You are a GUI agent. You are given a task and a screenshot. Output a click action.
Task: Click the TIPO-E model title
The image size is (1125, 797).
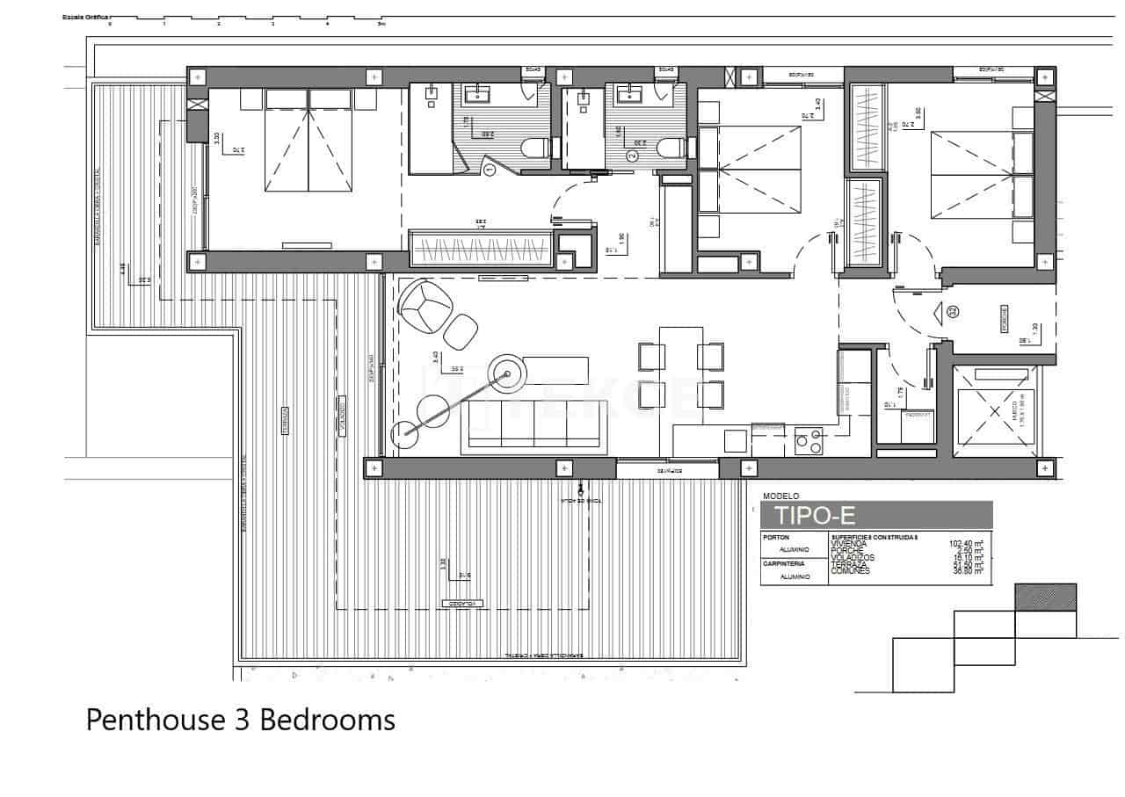[813, 514]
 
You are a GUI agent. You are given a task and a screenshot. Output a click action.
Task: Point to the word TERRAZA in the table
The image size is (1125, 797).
[848, 564]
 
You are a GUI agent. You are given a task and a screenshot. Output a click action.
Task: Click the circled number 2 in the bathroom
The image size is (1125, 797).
[631, 156]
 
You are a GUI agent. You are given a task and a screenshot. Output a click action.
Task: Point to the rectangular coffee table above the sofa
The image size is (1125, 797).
[555, 369]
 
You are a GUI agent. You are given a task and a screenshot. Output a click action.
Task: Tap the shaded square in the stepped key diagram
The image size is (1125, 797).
[1045, 598]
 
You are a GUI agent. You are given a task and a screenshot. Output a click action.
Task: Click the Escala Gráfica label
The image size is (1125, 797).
[84, 17]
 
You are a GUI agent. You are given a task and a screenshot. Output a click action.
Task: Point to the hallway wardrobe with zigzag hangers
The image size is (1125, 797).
[481, 247]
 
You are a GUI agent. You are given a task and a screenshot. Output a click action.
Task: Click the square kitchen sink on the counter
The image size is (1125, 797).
[735, 438]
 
